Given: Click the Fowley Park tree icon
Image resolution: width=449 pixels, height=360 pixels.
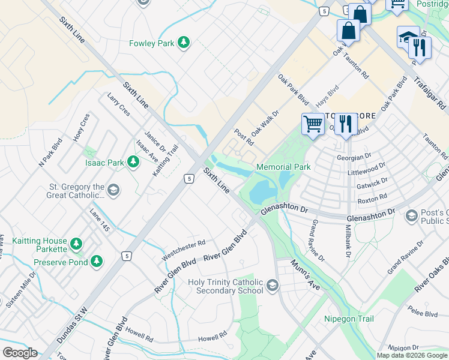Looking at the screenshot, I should pos(184,43).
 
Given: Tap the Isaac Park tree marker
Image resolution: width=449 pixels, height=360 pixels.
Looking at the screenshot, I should pos(133,162).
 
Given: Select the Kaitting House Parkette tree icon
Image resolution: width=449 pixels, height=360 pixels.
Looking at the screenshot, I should pos(76,243).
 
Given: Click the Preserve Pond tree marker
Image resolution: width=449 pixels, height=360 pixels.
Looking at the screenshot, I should pos(96,262).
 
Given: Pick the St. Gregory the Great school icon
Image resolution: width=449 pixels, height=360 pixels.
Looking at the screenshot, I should pos(112,190).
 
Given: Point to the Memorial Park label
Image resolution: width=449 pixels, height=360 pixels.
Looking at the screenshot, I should pos(283,167).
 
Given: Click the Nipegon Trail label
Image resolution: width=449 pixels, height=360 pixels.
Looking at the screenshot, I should pos(349,319).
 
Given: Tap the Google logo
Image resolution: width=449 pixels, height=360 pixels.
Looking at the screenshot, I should pos(20,353).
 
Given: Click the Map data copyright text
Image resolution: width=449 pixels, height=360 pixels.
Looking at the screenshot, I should pos(412,355).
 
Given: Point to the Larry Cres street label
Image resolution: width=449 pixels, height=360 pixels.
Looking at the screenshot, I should pos(118,104).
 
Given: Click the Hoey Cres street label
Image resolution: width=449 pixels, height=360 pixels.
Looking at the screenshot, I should pos(82,127).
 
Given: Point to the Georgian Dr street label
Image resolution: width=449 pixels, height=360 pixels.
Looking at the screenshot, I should pos(372,157).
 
